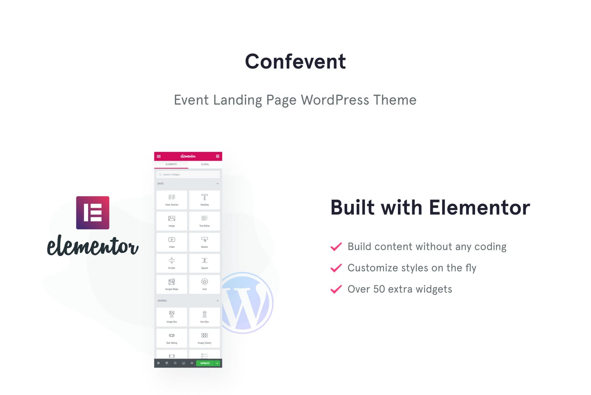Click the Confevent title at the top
[x=295, y=61]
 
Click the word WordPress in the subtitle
[x=335, y=100]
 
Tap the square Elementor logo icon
[x=93, y=213]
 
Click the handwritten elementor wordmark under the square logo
[x=93, y=246]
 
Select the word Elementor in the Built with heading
[x=479, y=207]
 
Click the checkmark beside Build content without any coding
[x=336, y=247]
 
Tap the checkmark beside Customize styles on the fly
[x=336, y=268]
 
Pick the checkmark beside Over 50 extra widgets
[x=336, y=289]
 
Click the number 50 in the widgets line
[x=379, y=289]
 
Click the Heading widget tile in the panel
[x=204, y=200]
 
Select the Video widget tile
[x=172, y=242]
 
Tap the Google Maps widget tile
[x=172, y=284]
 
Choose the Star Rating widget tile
[x=172, y=338]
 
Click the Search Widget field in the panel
[x=188, y=174]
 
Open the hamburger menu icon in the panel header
[x=159, y=156]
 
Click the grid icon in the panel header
[x=218, y=156]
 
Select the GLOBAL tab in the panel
[x=205, y=164]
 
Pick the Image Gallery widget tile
[x=204, y=338]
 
